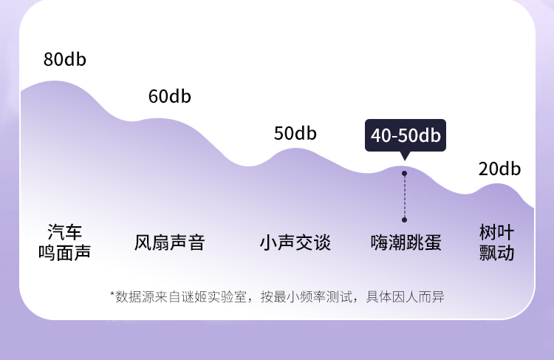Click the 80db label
[65, 60]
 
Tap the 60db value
[169, 96]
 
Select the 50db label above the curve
[295, 134]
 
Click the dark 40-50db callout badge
[406, 135]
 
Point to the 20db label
[499, 169]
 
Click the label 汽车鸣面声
[64, 242]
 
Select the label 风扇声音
[169, 242]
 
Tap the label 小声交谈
[295, 242]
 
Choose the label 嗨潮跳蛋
[406, 242]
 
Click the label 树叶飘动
[497, 242]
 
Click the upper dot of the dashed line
[405, 174]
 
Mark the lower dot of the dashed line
[405, 220]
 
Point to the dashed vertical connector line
[405, 197]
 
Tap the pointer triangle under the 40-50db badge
[405, 156]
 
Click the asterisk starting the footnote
[112, 295]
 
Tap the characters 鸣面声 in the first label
[64, 253]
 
